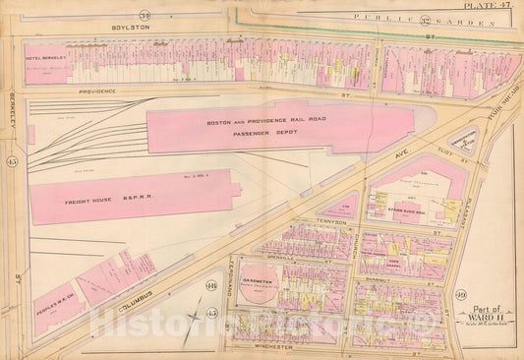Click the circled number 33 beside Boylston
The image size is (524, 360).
point(171,13)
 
